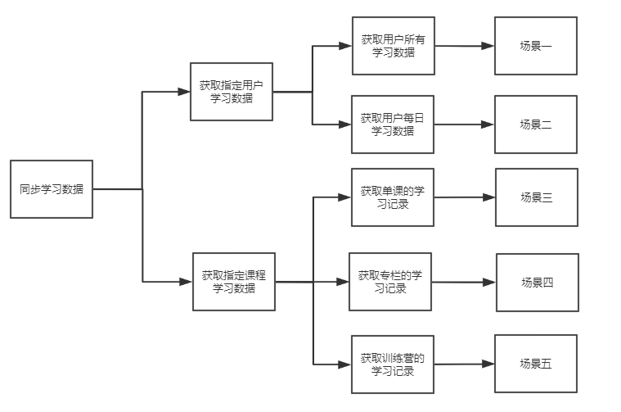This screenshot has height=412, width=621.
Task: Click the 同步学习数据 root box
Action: click(52, 189)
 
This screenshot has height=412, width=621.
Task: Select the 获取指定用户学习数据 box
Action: click(232, 91)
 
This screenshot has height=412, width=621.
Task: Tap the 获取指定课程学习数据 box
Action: click(233, 282)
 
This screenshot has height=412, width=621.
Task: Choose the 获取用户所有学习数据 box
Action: click(393, 46)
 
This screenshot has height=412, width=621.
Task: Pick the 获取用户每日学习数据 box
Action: click(393, 125)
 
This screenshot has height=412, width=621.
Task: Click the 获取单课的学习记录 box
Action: click(393, 197)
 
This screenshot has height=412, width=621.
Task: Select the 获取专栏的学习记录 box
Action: click(390, 282)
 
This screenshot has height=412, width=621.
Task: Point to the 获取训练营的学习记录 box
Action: click(393, 364)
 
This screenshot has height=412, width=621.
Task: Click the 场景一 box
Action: click(536, 46)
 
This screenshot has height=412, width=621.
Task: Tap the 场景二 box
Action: click(536, 125)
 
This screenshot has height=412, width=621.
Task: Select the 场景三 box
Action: click(537, 197)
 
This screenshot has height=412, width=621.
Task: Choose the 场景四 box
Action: click(538, 283)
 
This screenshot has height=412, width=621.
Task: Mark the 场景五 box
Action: click(536, 364)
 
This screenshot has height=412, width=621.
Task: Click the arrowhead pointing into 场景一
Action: click(488, 46)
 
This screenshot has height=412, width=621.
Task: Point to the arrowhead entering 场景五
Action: click(488, 364)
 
